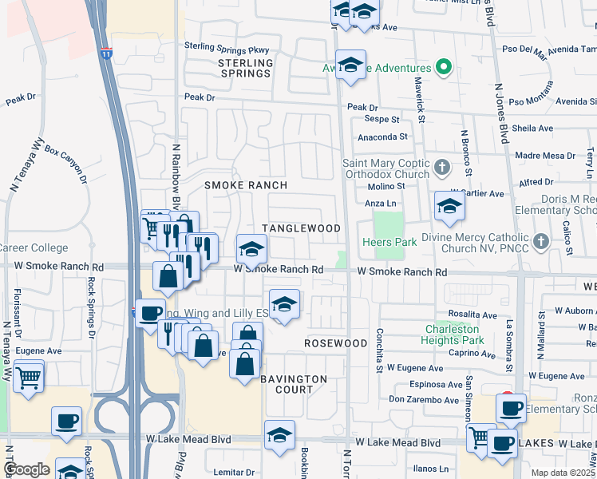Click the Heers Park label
point(385,242)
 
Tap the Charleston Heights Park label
point(452,335)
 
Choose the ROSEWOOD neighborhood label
point(336,342)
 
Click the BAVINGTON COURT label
point(294,384)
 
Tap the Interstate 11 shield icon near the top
point(107,54)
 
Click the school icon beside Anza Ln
point(449,207)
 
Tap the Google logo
point(26,469)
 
